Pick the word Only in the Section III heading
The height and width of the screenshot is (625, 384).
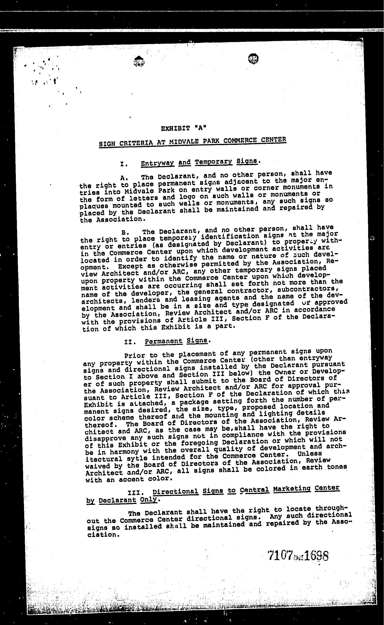(148, 499)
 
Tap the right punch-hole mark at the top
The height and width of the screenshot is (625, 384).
(253, 59)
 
